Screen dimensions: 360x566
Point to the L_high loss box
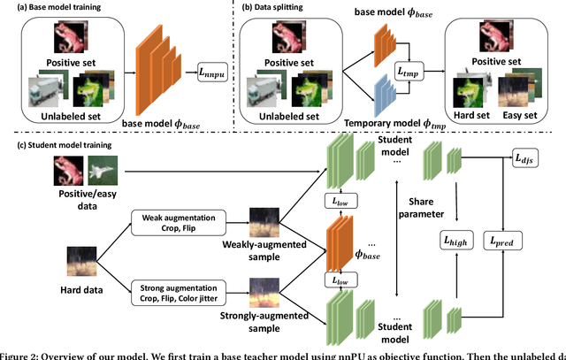tap(455, 240)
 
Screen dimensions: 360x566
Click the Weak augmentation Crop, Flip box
tap(174, 219)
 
